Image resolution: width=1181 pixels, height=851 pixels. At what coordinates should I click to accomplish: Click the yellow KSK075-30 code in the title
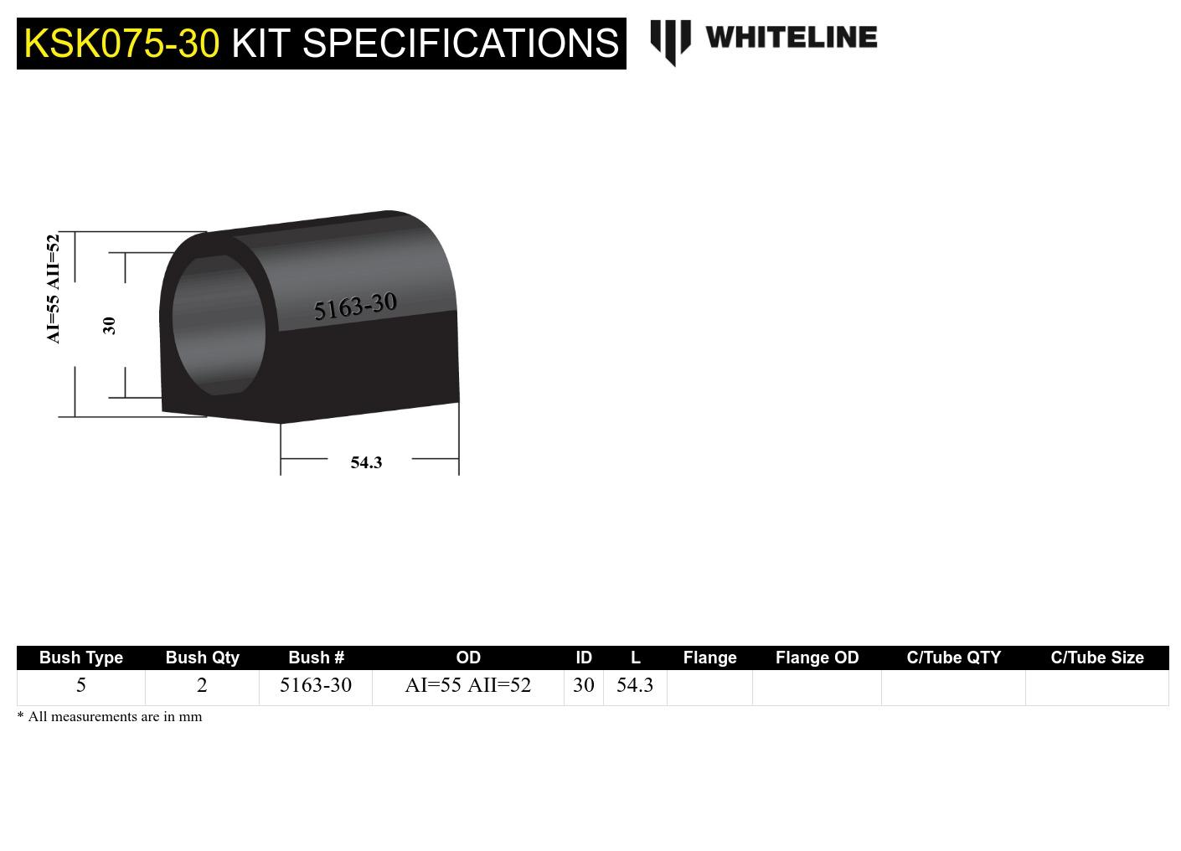(121, 44)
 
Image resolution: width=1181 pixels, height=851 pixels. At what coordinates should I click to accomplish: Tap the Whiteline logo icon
(670, 41)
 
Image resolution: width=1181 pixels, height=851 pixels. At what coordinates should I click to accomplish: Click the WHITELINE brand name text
(791, 38)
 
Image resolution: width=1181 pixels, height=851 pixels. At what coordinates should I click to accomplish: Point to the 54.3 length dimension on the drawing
(366, 462)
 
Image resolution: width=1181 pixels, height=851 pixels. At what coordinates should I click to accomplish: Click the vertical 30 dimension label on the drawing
(109, 325)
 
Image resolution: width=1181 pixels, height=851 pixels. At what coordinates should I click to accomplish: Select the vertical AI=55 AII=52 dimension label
(54, 289)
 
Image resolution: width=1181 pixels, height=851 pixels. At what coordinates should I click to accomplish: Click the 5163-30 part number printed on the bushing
(355, 307)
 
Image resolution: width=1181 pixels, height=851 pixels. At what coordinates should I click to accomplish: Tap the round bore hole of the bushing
(219, 325)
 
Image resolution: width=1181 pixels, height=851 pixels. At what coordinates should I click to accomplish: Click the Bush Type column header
(81, 658)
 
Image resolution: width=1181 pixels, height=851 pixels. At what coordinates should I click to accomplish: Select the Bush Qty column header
(202, 658)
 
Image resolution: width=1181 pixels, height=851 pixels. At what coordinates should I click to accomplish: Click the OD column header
(468, 658)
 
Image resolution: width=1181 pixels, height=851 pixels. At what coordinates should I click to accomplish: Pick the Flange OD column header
(817, 658)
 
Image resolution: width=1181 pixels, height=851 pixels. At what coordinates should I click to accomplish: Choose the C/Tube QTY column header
(953, 658)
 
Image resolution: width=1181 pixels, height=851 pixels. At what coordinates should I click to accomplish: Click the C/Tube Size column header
(1097, 658)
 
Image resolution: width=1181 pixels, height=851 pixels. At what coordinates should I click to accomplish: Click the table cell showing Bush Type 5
(81, 685)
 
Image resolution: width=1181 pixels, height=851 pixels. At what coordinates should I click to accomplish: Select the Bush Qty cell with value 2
(202, 685)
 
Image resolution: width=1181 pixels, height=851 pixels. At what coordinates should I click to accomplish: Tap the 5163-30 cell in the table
(316, 685)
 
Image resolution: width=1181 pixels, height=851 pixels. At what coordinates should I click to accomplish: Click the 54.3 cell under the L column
(635, 685)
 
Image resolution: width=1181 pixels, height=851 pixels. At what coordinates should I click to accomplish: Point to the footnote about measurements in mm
(110, 717)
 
